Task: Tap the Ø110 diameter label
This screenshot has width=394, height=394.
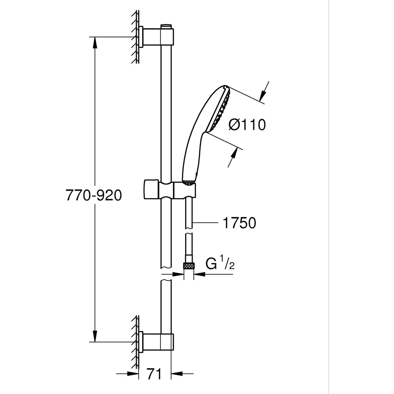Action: [x=247, y=125]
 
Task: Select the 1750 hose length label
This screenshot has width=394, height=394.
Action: [x=239, y=223]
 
